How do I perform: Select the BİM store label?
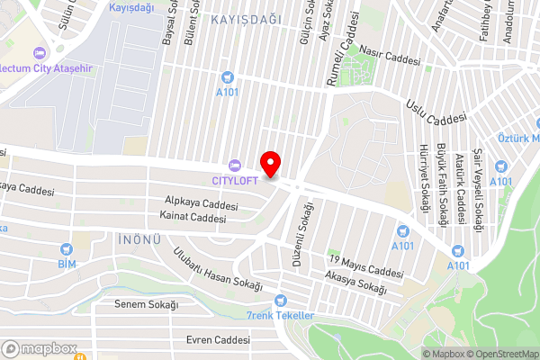tap(65, 264)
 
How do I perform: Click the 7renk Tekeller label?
tap(280, 315)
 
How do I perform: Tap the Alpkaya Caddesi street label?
tap(202, 203)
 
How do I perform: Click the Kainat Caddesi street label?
tap(192, 217)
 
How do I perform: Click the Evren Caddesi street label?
tap(217, 340)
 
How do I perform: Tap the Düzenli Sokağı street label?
tap(295, 224)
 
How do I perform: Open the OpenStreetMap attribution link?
tap(499, 354)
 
